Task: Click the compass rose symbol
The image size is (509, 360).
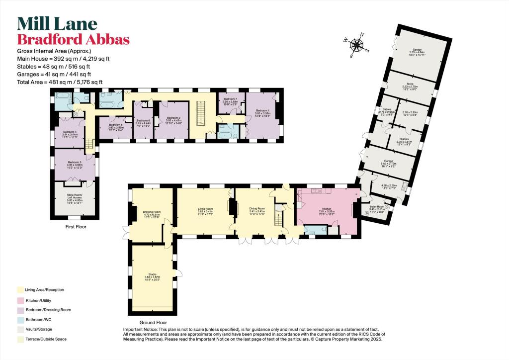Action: [x=357, y=45]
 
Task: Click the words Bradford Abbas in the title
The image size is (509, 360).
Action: [x=74, y=40]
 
